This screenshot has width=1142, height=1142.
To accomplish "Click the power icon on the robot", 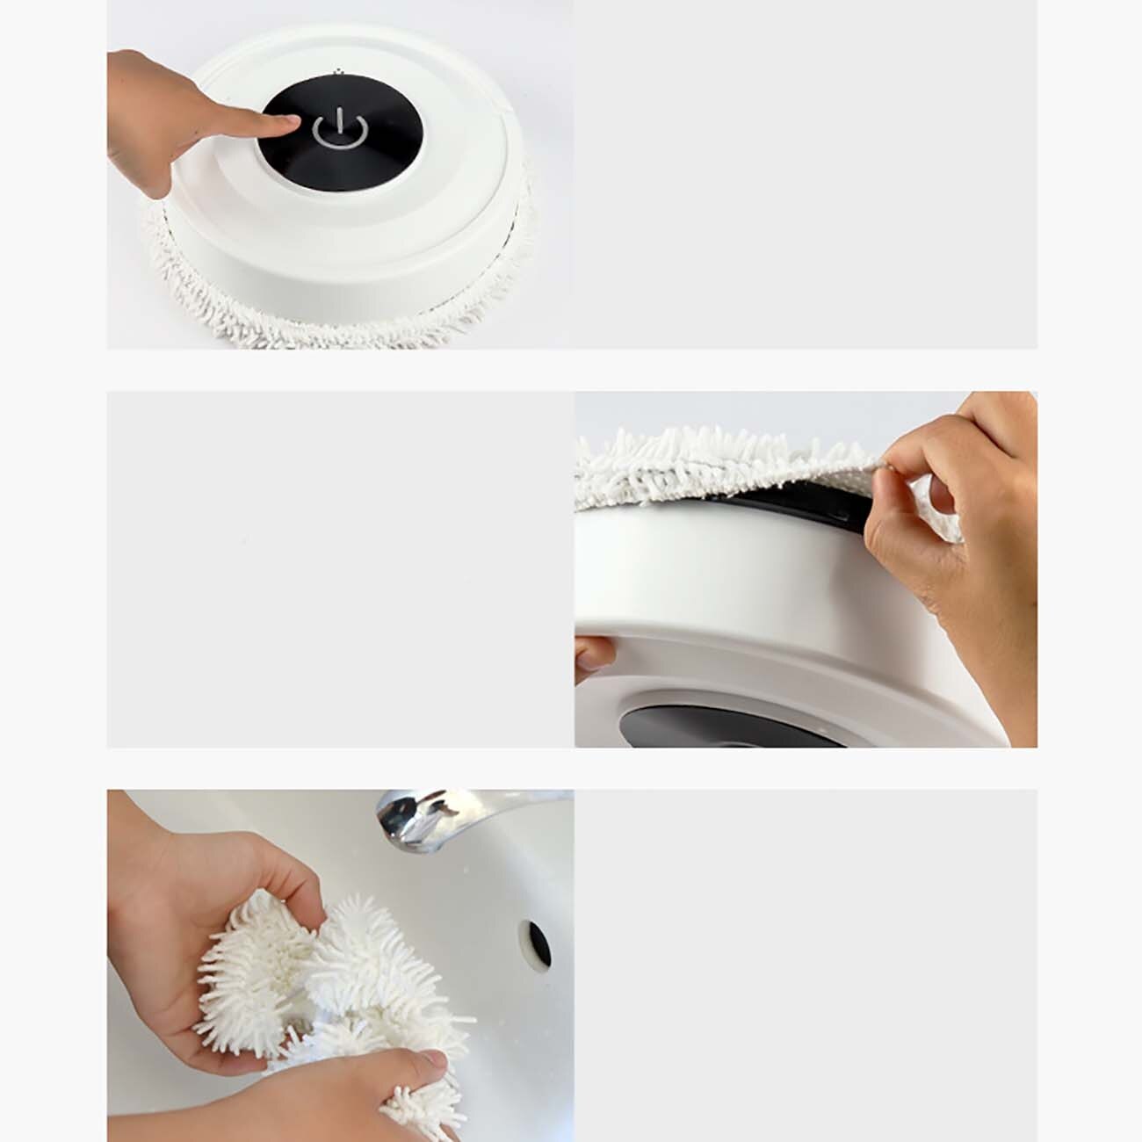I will tap(339, 130).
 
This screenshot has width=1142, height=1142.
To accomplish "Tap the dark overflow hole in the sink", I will tap(538, 942).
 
